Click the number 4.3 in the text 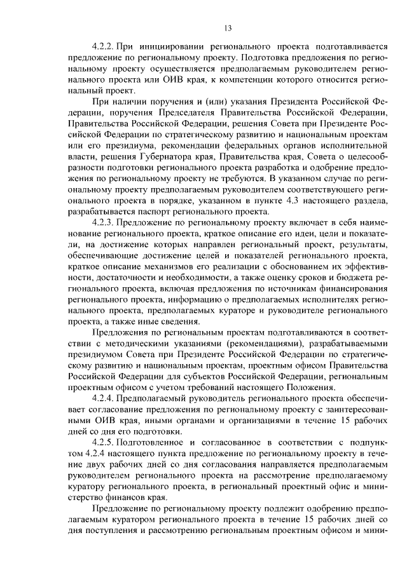coord(294,200)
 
